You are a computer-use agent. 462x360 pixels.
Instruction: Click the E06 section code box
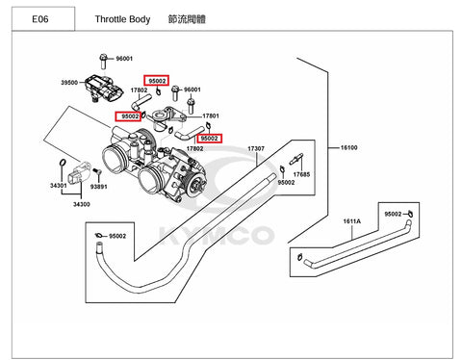43,19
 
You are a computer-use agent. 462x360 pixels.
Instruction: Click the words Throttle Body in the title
122,19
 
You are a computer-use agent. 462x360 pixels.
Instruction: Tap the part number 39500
69,83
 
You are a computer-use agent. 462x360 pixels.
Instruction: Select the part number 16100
348,147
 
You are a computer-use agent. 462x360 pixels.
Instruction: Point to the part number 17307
256,148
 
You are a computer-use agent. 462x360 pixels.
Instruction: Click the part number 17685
301,174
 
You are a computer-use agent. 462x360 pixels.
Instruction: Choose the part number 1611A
352,221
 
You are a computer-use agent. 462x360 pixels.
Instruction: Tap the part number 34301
59,186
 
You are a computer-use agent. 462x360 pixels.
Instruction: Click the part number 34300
82,204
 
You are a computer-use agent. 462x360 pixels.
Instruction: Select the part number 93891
99,187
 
